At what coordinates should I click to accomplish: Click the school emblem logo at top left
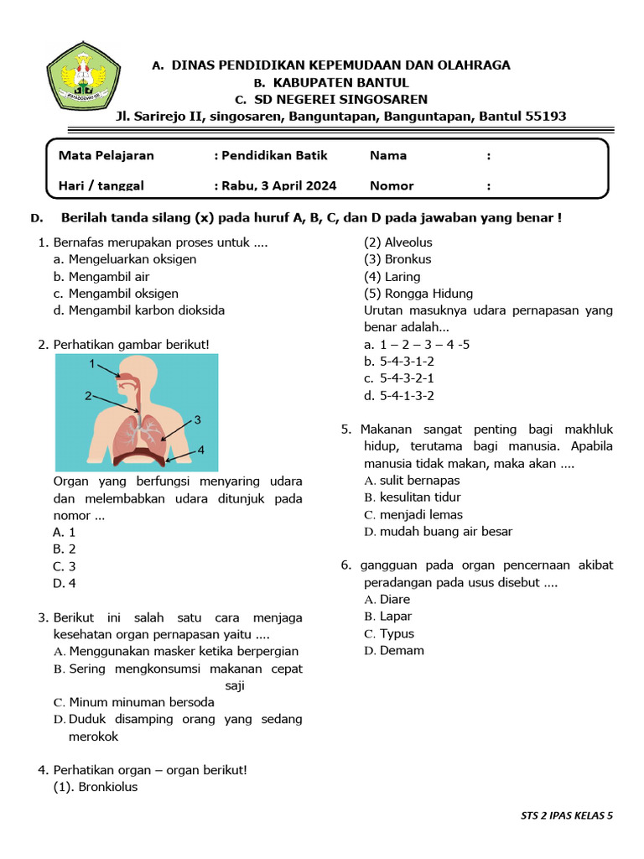point(77,75)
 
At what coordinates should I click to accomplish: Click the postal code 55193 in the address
point(545,116)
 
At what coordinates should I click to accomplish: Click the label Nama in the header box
point(387,155)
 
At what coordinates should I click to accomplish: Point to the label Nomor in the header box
point(391,185)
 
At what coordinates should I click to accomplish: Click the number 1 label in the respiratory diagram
point(92,364)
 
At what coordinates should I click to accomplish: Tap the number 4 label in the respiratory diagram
point(200,450)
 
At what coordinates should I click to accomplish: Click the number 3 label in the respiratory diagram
point(197,419)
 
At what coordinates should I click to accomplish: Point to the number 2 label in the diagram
point(87,396)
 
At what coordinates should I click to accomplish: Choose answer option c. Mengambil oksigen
point(116,293)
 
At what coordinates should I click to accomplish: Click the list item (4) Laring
point(392,276)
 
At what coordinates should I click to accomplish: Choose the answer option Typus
point(396,633)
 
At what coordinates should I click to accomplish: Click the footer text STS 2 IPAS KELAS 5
point(566,815)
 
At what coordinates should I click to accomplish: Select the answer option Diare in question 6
point(394,599)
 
